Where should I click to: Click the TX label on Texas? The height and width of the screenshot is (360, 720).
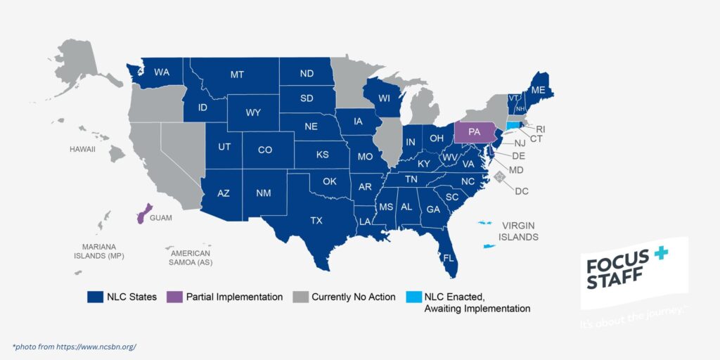[x=316, y=221]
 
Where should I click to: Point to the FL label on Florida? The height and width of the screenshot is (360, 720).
[x=448, y=257]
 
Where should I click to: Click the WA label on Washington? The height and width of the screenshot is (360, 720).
[x=162, y=72]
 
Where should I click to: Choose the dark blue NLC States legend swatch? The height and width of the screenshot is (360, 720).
[x=96, y=297]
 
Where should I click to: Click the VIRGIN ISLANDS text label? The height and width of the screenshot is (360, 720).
[x=519, y=231]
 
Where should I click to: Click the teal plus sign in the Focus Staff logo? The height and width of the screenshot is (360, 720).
[x=660, y=255]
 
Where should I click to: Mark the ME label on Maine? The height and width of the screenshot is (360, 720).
[x=539, y=90]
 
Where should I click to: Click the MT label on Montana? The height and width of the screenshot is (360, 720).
[x=237, y=75]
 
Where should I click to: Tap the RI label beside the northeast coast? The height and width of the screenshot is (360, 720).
[x=541, y=129]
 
